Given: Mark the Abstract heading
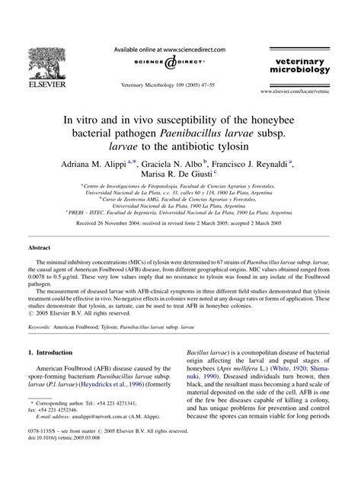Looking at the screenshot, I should point(40,248).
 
